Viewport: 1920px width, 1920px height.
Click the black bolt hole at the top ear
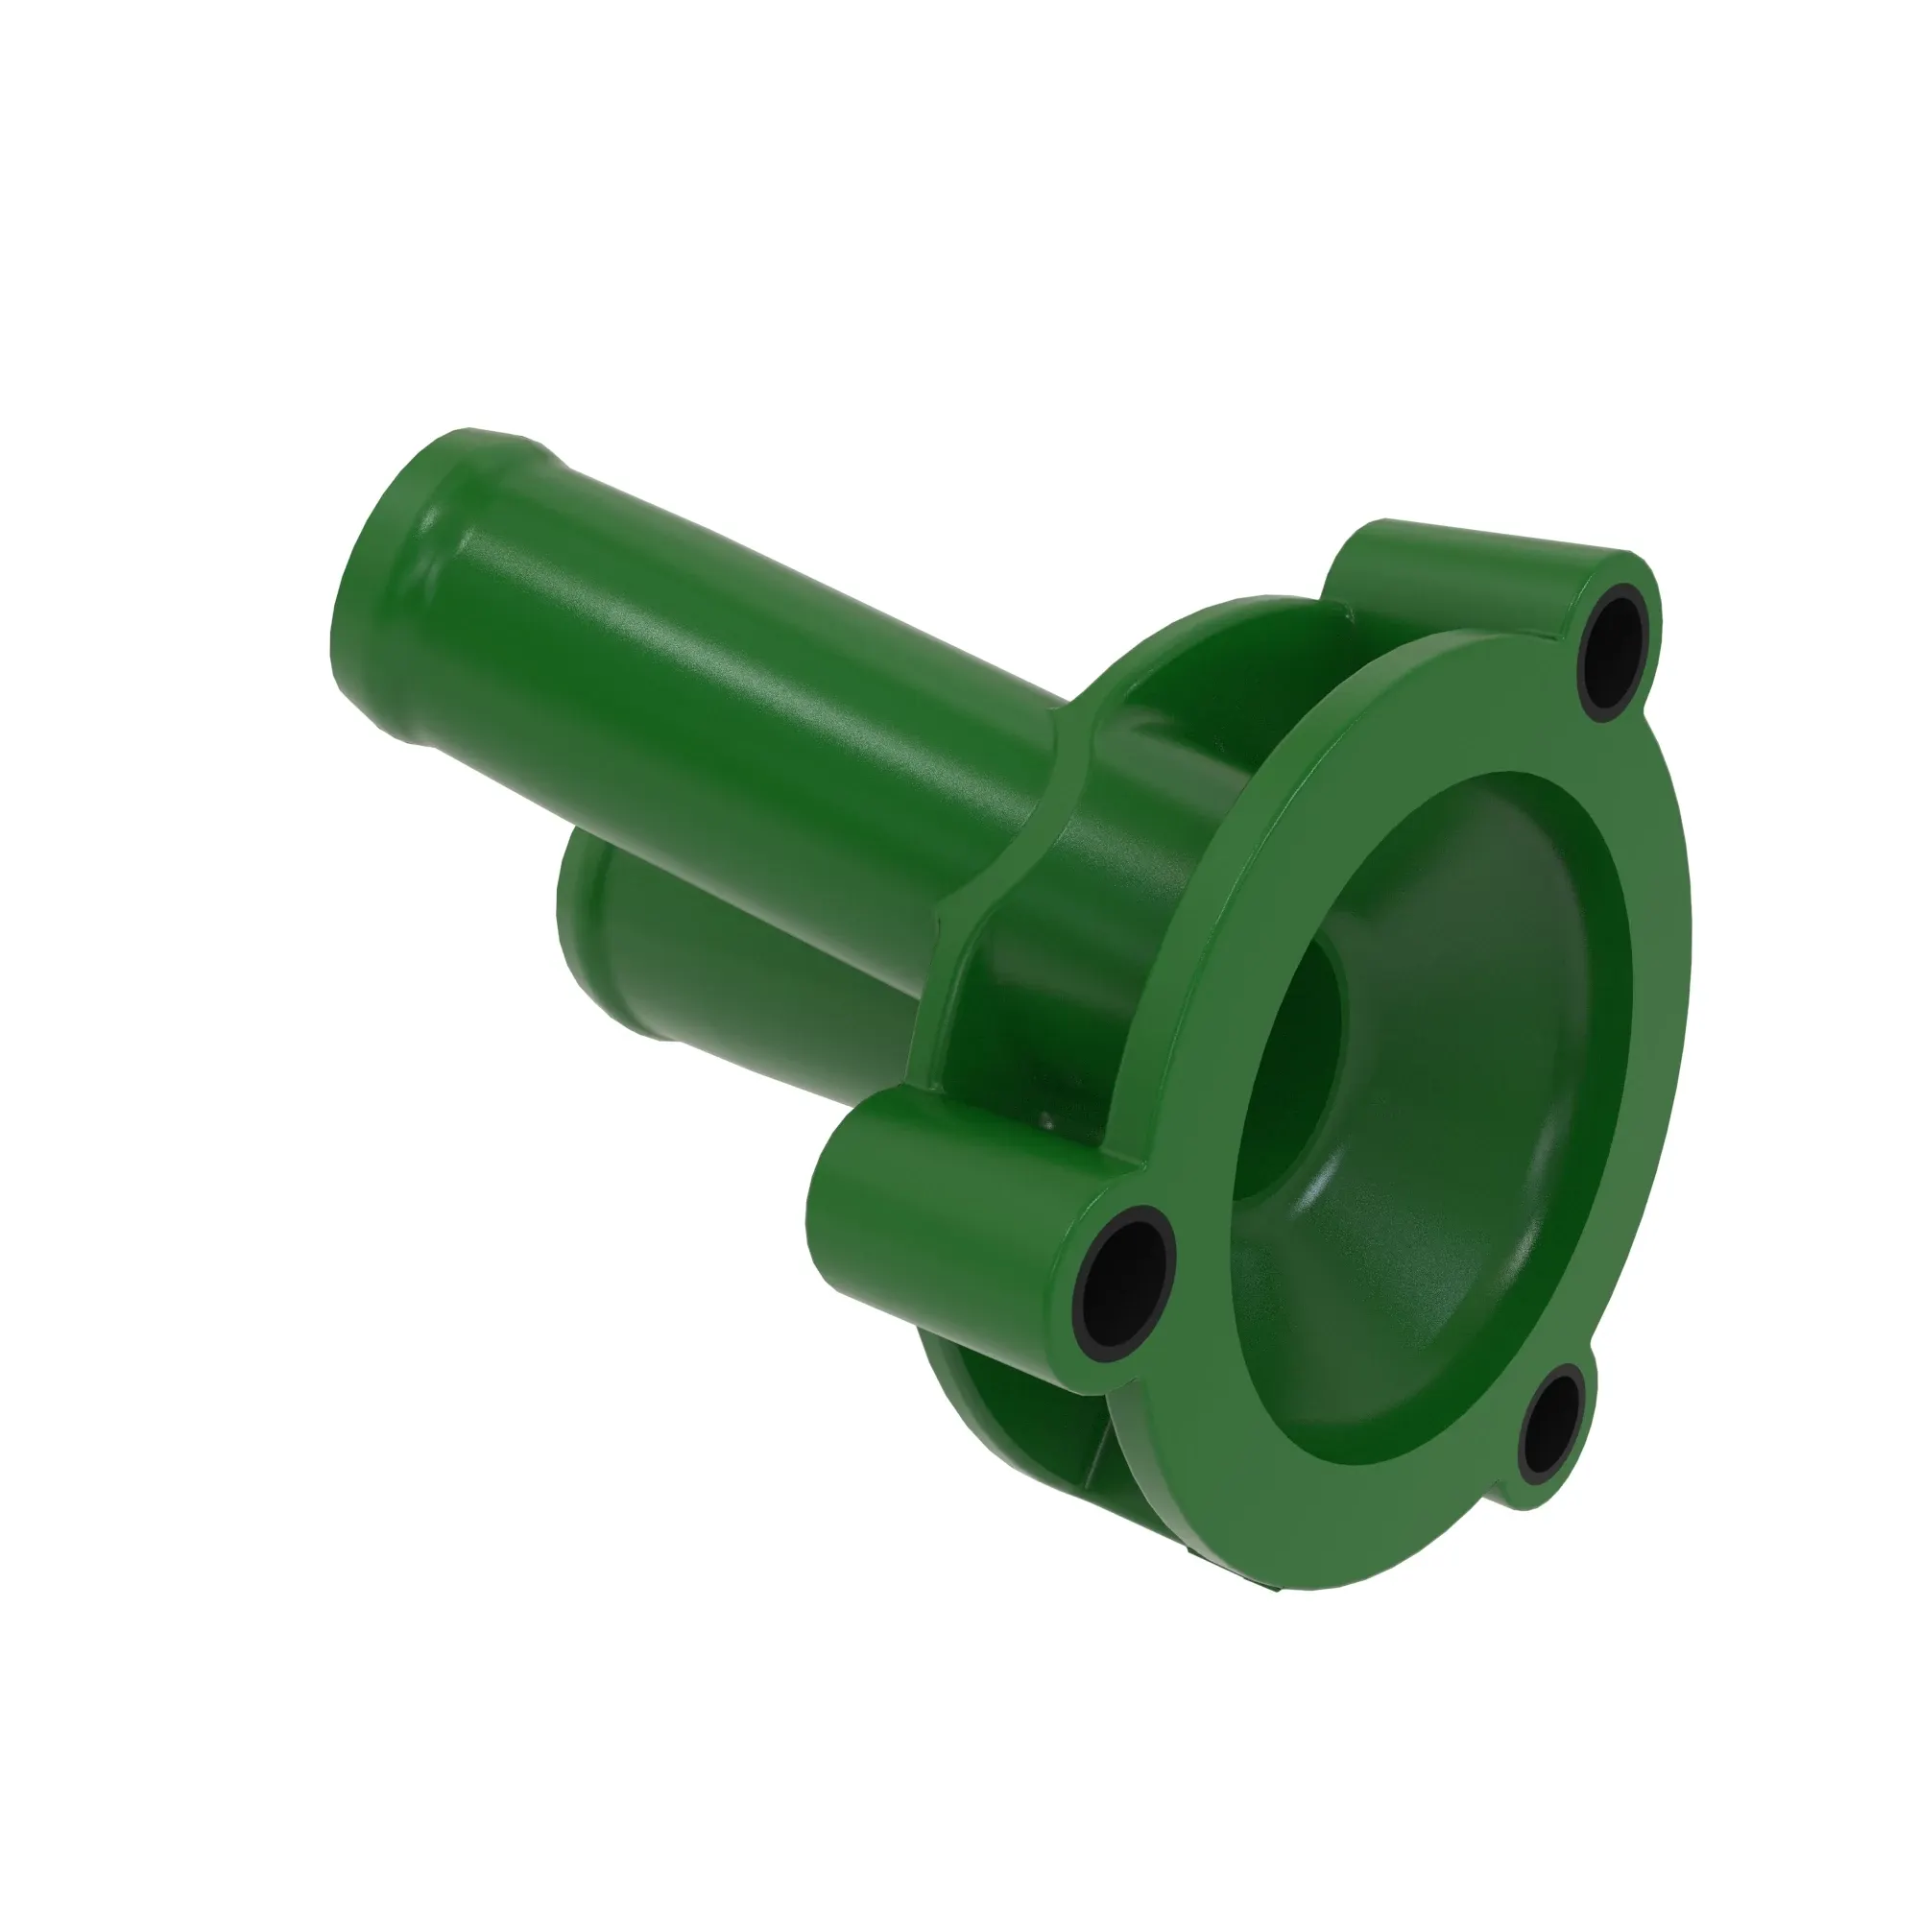tap(1617, 652)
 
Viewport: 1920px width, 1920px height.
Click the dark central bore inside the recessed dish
tap(1292, 1064)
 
